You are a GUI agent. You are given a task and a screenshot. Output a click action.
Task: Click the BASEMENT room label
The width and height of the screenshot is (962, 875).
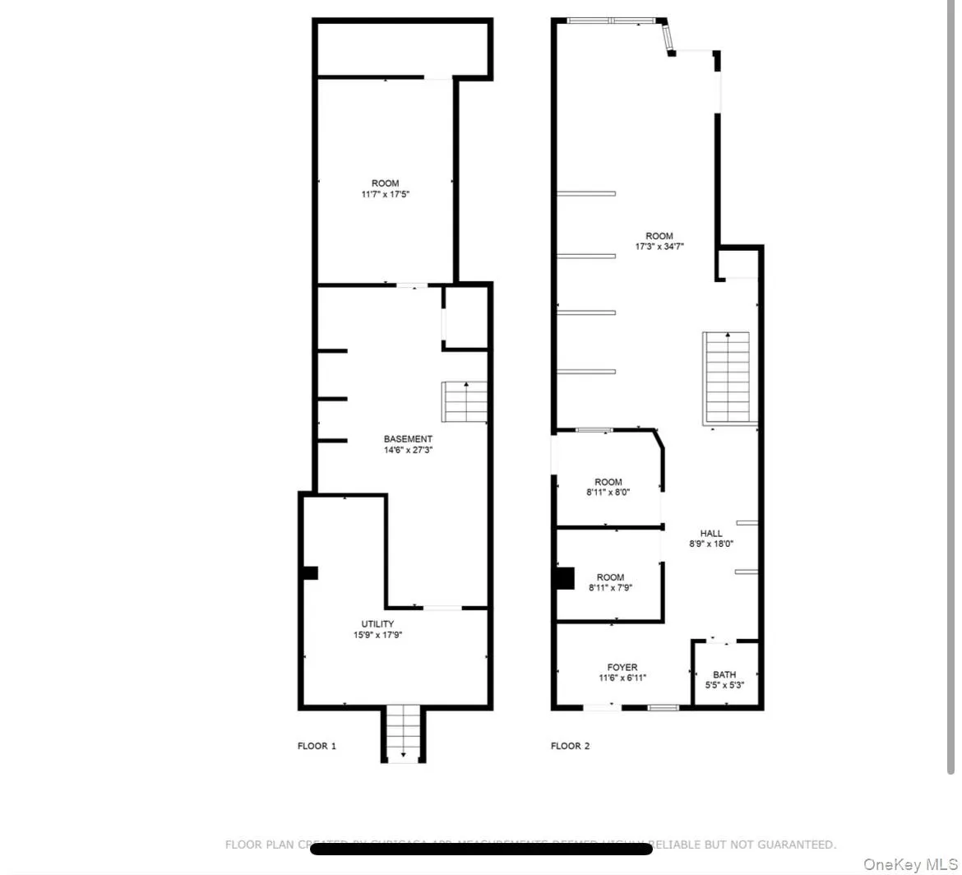click(408, 439)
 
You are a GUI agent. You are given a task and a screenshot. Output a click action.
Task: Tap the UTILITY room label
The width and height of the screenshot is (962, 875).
click(377, 624)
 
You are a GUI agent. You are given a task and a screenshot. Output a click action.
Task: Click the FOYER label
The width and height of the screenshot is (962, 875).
click(622, 668)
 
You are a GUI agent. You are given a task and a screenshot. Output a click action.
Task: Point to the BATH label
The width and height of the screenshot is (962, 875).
click(724, 674)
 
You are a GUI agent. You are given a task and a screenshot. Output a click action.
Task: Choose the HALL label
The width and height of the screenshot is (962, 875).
click(711, 534)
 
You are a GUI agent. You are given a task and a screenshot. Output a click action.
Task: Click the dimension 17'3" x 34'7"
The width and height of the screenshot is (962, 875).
click(659, 247)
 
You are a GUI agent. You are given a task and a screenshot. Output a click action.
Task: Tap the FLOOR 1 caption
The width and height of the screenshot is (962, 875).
click(317, 747)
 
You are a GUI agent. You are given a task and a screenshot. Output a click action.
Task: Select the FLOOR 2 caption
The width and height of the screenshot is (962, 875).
click(570, 747)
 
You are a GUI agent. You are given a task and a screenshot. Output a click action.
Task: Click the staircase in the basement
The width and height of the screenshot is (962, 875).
click(465, 402)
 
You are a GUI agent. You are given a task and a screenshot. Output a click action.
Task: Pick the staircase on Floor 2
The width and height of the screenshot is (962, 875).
click(727, 377)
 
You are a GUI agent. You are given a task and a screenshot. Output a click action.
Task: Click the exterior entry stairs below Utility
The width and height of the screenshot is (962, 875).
click(403, 733)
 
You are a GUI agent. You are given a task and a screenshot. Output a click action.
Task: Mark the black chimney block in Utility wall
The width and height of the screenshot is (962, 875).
click(310, 573)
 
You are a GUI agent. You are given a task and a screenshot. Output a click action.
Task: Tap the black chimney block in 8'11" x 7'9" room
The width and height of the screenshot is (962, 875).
click(564, 578)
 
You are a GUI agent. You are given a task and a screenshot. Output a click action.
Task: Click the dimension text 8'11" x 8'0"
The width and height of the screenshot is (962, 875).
click(609, 493)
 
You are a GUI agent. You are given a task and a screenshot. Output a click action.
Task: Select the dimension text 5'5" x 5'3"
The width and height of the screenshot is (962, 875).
click(724, 685)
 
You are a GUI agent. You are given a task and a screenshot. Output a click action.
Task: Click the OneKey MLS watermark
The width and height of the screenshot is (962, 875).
click(910, 864)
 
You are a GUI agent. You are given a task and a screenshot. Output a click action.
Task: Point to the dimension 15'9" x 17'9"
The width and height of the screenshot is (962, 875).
click(377, 635)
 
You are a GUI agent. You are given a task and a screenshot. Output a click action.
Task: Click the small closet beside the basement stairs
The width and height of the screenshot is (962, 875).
click(466, 317)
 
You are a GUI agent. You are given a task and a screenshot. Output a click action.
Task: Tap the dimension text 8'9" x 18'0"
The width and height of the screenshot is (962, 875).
click(711, 544)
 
